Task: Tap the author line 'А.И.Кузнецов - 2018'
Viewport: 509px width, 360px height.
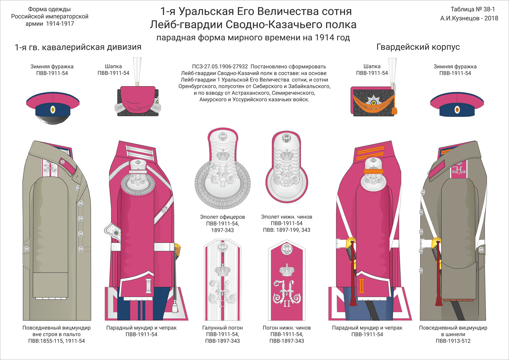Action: click(469, 18)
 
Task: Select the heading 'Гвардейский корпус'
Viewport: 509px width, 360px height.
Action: click(418, 47)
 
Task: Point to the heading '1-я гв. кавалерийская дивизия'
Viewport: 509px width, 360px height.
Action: click(78, 47)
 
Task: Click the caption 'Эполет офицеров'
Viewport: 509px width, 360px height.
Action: click(223, 217)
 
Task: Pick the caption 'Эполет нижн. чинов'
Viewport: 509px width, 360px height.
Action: click(286, 217)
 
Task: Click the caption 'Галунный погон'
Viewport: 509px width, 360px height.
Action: click(223, 328)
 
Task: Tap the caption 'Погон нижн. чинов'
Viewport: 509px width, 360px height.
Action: click(286, 328)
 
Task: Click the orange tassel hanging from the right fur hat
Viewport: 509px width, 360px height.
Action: click(395, 111)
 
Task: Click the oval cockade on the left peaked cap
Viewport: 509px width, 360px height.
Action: click(53, 110)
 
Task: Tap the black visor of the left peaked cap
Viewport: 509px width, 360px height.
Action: click(53, 119)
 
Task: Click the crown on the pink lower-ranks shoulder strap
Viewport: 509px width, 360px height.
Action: click(286, 270)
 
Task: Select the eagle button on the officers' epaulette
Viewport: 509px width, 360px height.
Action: click(223, 137)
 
